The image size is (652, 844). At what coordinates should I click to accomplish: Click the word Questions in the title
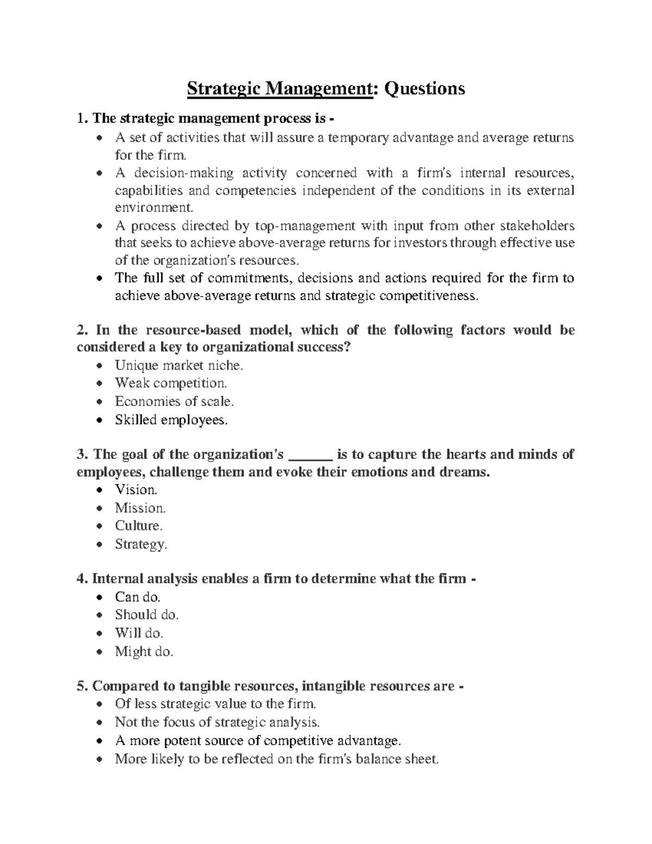(425, 88)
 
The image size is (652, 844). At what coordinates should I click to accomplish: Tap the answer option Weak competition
(171, 383)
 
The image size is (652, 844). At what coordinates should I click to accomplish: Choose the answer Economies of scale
(174, 402)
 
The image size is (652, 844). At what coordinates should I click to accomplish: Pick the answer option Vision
(136, 490)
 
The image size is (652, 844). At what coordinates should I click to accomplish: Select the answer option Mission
(140, 508)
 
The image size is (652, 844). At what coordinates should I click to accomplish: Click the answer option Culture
(139, 526)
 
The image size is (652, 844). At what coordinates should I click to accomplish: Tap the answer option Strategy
(141, 544)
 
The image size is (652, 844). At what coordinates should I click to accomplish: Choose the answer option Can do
(137, 597)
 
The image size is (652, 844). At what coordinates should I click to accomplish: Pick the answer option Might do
(144, 651)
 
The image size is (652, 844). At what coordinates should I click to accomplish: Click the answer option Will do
(139, 633)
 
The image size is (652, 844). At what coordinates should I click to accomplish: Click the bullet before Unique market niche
(98, 366)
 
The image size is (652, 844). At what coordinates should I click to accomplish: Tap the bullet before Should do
(98, 616)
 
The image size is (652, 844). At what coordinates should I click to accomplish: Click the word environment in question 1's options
(154, 208)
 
